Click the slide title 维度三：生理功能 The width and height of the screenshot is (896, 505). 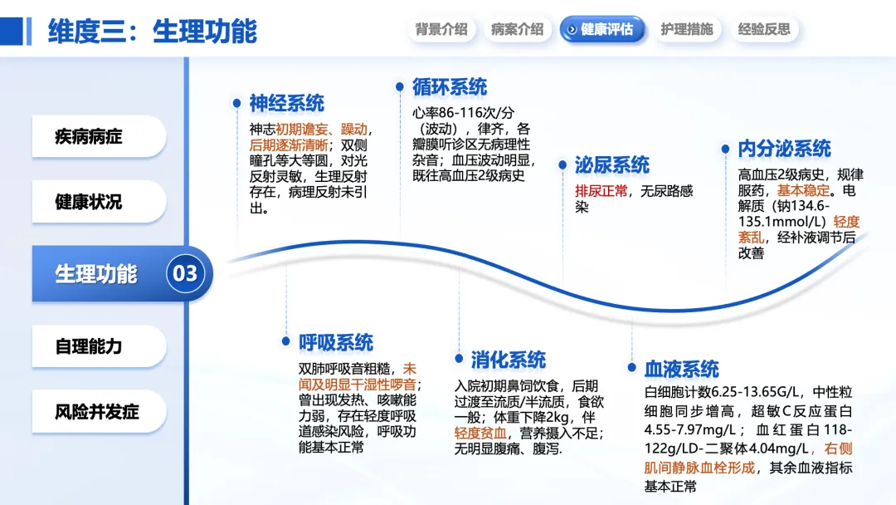click(152, 31)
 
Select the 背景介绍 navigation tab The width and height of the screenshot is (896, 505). click(441, 30)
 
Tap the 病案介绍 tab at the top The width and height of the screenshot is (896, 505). click(517, 30)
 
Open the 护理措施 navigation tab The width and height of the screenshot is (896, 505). click(686, 30)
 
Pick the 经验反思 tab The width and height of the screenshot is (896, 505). click(764, 30)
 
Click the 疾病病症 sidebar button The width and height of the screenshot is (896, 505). click(98, 136)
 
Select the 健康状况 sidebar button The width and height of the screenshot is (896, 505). click(98, 202)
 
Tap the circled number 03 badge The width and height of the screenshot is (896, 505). click(185, 273)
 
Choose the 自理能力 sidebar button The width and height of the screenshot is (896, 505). click(98, 346)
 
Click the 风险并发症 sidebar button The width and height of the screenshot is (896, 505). click(98, 411)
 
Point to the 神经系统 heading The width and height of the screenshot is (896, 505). click(286, 104)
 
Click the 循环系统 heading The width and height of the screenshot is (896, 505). click(449, 87)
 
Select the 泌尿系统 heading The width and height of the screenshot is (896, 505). click(611, 165)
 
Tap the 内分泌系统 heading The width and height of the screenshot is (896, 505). click(784, 150)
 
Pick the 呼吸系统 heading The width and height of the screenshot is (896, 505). click(336, 343)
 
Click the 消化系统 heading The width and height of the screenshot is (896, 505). click(508, 360)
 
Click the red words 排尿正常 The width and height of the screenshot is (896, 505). click(601, 190)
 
